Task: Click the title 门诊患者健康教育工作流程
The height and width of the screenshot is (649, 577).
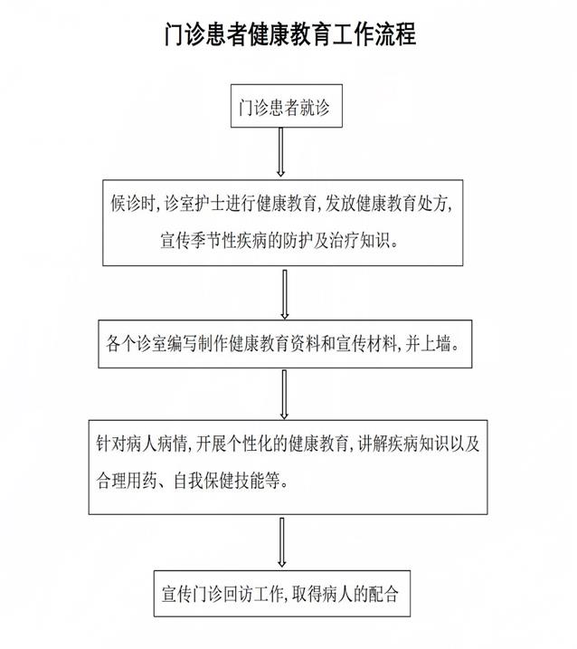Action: point(289,35)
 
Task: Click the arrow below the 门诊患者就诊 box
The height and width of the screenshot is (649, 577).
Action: point(281,152)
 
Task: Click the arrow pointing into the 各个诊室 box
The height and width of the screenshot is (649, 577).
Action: point(285,295)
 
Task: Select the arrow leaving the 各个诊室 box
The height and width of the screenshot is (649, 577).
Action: point(284,393)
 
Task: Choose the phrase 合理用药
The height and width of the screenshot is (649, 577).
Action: point(127,481)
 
